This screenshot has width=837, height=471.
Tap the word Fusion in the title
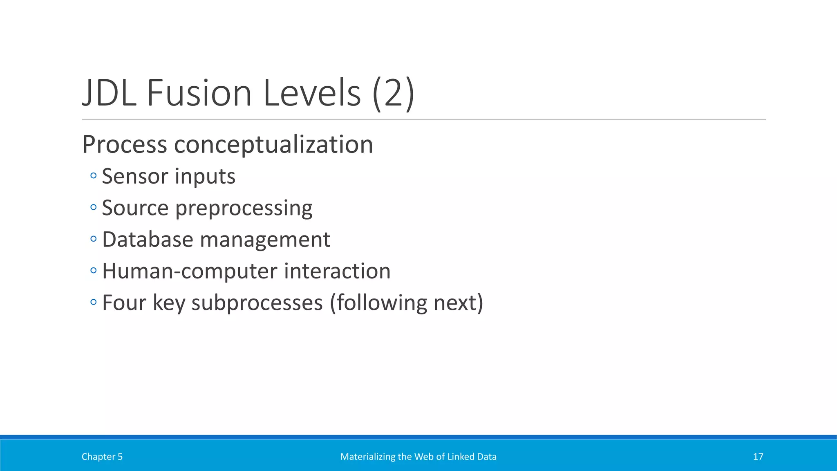point(199,93)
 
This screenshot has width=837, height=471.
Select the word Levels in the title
point(312,93)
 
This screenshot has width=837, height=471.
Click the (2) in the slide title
point(393,93)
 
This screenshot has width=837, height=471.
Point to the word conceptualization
point(273,144)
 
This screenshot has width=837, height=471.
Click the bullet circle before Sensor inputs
point(94,176)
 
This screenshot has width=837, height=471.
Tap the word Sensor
point(135,177)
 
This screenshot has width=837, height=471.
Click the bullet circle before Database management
point(94,239)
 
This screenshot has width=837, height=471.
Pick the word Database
point(148,240)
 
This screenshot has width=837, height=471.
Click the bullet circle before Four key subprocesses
point(94,302)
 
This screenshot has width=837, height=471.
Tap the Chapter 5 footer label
point(102,457)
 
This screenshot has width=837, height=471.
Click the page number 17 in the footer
point(758,457)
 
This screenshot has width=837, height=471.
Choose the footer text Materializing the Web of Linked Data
point(418,457)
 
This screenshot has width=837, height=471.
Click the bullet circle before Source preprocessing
point(94,207)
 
